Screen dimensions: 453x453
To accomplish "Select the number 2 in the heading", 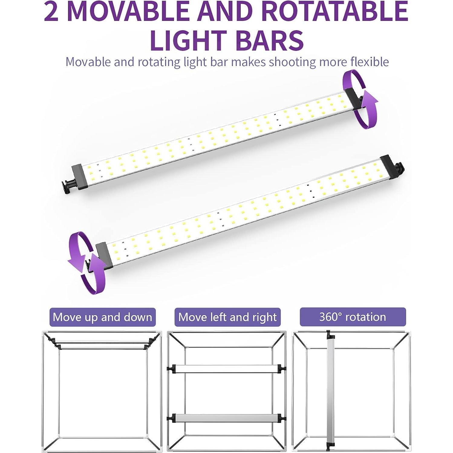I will click(x=51, y=11).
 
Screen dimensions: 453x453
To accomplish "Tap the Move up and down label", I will click(x=103, y=317).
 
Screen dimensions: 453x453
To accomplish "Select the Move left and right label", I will click(x=227, y=317).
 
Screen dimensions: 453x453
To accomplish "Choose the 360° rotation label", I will click(x=353, y=317).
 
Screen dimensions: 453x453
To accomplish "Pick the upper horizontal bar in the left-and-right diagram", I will click(x=226, y=368).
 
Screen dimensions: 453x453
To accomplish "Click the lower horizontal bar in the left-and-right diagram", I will click(x=226, y=418).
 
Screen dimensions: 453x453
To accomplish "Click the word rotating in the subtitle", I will click(x=159, y=62).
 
